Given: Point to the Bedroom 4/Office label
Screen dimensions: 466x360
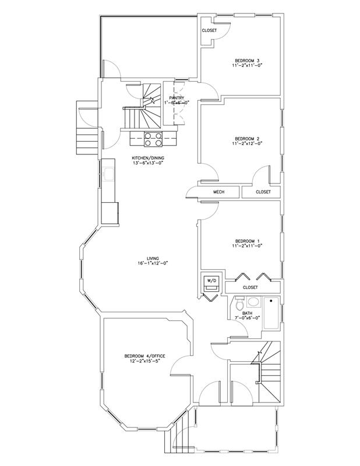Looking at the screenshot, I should (144, 356).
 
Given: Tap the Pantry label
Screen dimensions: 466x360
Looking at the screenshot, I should (177, 98).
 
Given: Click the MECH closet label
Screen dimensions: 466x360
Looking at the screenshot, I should (218, 192).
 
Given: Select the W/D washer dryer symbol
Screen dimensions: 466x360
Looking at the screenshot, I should (211, 283).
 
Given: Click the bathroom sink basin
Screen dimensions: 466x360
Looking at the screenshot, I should (253, 302).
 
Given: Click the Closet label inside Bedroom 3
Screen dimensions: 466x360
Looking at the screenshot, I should (209, 30).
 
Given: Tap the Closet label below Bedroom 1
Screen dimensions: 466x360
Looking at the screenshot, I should (250, 287).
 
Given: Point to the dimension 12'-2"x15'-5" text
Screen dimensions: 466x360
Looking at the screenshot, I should (144, 362).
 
